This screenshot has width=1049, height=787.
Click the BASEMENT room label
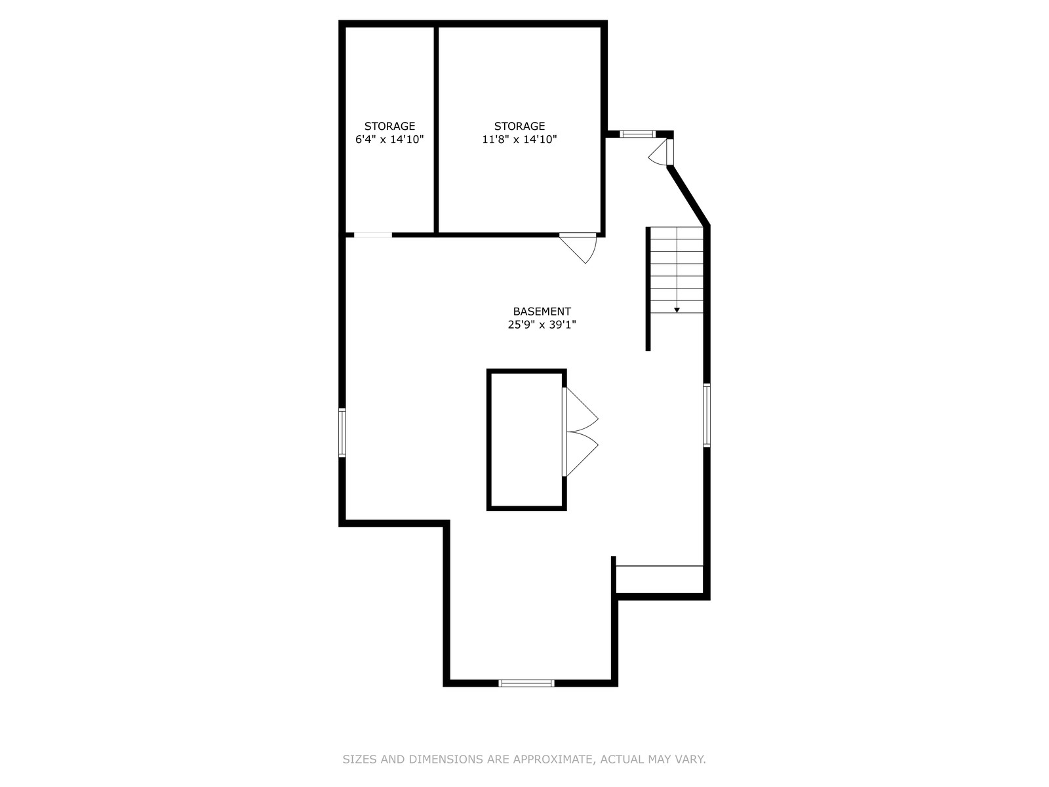pyautogui.click(x=542, y=312)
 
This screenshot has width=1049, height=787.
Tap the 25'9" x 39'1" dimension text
pyautogui.click(x=542, y=325)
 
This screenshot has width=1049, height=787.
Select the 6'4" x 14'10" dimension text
pyautogui.click(x=389, y=140)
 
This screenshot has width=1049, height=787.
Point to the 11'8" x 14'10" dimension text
pyautogui.click(x=519, y=140)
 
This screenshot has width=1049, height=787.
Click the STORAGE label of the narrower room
pyautogui.click(x=389, y=126)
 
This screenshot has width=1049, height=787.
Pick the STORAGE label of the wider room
pyautogui.click(x=519, y=126)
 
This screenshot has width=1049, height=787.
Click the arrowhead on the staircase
pyautogui.click(x=677, y=310)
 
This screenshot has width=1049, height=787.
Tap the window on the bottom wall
pyautogui.click(x=526, y=683)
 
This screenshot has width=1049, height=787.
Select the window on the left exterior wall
pyautogui.click(x=342, y=432)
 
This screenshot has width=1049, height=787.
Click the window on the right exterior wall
pyautogui.click(x=706, y=414)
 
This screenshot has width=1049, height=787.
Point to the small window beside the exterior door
pyautogui.click(x=638, y=134)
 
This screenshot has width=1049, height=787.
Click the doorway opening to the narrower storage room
pyautogui.click(x=373, y=235)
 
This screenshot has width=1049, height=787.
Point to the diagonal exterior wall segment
pyautogui.click(x=688, y=195)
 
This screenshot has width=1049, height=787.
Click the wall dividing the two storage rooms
pyautogui.click(x=436, y=129)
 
